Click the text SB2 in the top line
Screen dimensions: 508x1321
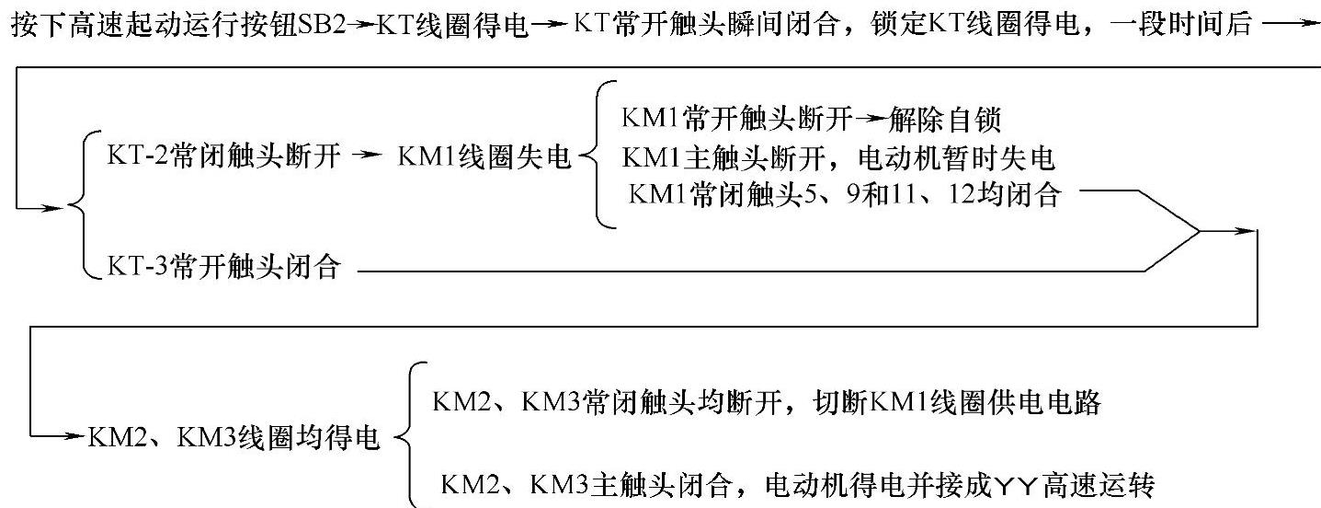320,24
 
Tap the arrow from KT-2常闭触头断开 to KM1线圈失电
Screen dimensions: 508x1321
365,157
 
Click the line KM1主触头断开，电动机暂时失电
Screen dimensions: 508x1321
837,158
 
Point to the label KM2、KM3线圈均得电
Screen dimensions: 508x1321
233,437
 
